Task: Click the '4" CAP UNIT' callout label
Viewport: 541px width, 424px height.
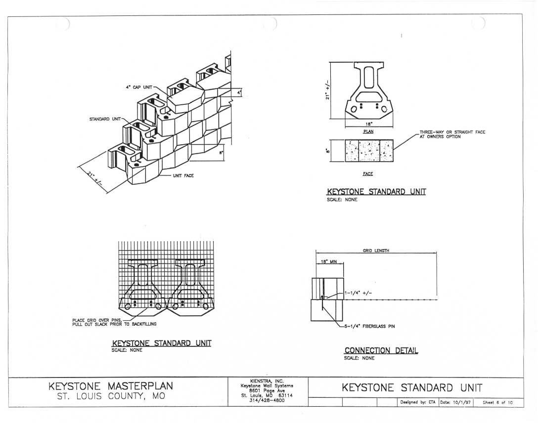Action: (139, 87)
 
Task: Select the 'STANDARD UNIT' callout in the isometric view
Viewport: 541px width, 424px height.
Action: (105, 119)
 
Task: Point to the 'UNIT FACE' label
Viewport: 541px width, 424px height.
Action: (183, 176)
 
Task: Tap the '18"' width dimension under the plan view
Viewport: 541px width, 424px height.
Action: (369, 124)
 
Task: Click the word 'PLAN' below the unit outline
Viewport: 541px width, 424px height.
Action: (368, 131)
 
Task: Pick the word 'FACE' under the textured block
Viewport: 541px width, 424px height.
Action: (368, 174)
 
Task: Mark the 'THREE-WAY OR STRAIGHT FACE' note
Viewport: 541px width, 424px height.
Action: (452, 132)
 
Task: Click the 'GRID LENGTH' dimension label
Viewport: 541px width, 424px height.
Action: (376, 251)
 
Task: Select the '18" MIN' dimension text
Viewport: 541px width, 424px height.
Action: (329, 261)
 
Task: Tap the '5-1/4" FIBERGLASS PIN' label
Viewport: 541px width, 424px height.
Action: (369, 326)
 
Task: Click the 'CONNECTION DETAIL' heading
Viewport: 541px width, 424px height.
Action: (381, 350)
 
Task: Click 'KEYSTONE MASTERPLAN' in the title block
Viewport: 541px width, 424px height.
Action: (111, 386)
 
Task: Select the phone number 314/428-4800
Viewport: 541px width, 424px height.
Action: (267, 400)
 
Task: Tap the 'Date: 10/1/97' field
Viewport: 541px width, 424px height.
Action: (455, 402)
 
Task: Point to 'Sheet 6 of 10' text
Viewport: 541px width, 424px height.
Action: (497, 402)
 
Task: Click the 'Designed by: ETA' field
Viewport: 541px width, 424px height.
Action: (418, 402)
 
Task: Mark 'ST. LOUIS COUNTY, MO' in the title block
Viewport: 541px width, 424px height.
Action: (111, 396)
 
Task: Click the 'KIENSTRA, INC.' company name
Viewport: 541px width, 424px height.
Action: (267, 381)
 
